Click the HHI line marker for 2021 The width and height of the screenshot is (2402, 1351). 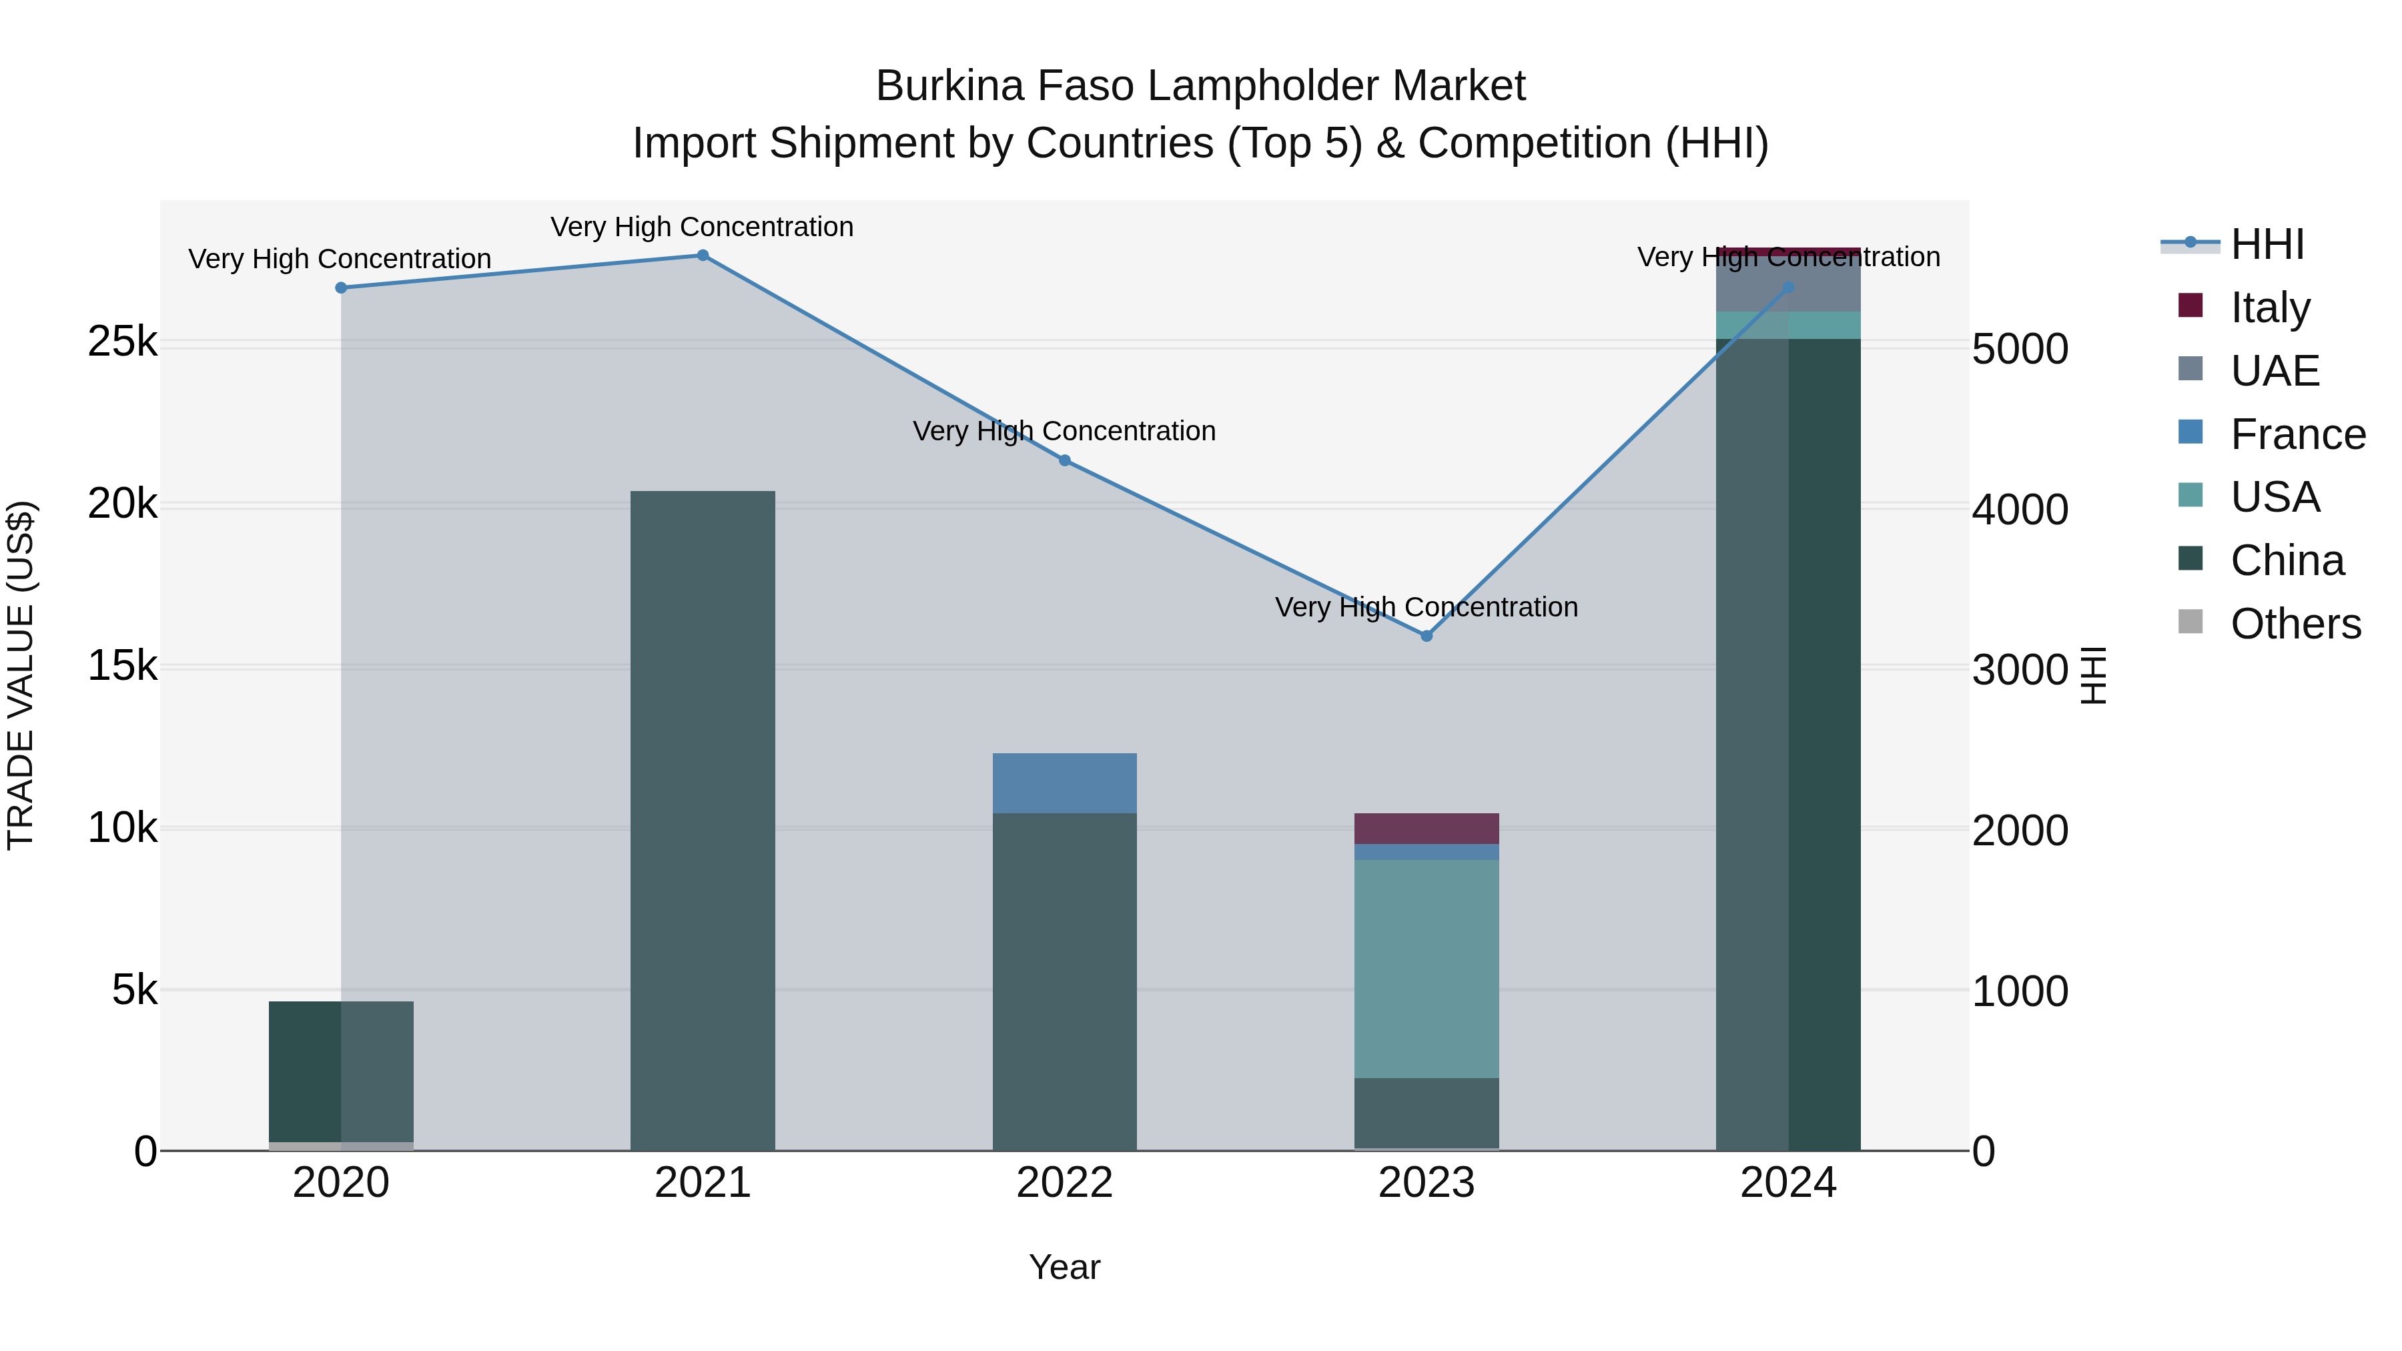pos(702,256)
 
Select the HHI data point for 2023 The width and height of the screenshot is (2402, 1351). pos(1426,636)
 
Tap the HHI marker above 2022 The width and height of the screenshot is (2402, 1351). pos(1065,460)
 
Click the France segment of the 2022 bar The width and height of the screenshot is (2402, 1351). pos(1064,783)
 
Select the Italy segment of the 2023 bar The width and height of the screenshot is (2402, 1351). pos(1426,828)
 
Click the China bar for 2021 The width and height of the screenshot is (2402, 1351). pos(702,821)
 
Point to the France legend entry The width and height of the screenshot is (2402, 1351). pos(2296,434)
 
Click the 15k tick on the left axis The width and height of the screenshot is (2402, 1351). pos(122,666)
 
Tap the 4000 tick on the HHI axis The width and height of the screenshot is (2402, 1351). pos(2020,509)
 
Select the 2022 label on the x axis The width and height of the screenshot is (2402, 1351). pos(1064,1183)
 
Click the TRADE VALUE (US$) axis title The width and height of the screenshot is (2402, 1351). pos(21,675)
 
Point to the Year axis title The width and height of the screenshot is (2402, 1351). pos(1064,1267)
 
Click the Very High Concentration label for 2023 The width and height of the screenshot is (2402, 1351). pos(1426,607)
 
